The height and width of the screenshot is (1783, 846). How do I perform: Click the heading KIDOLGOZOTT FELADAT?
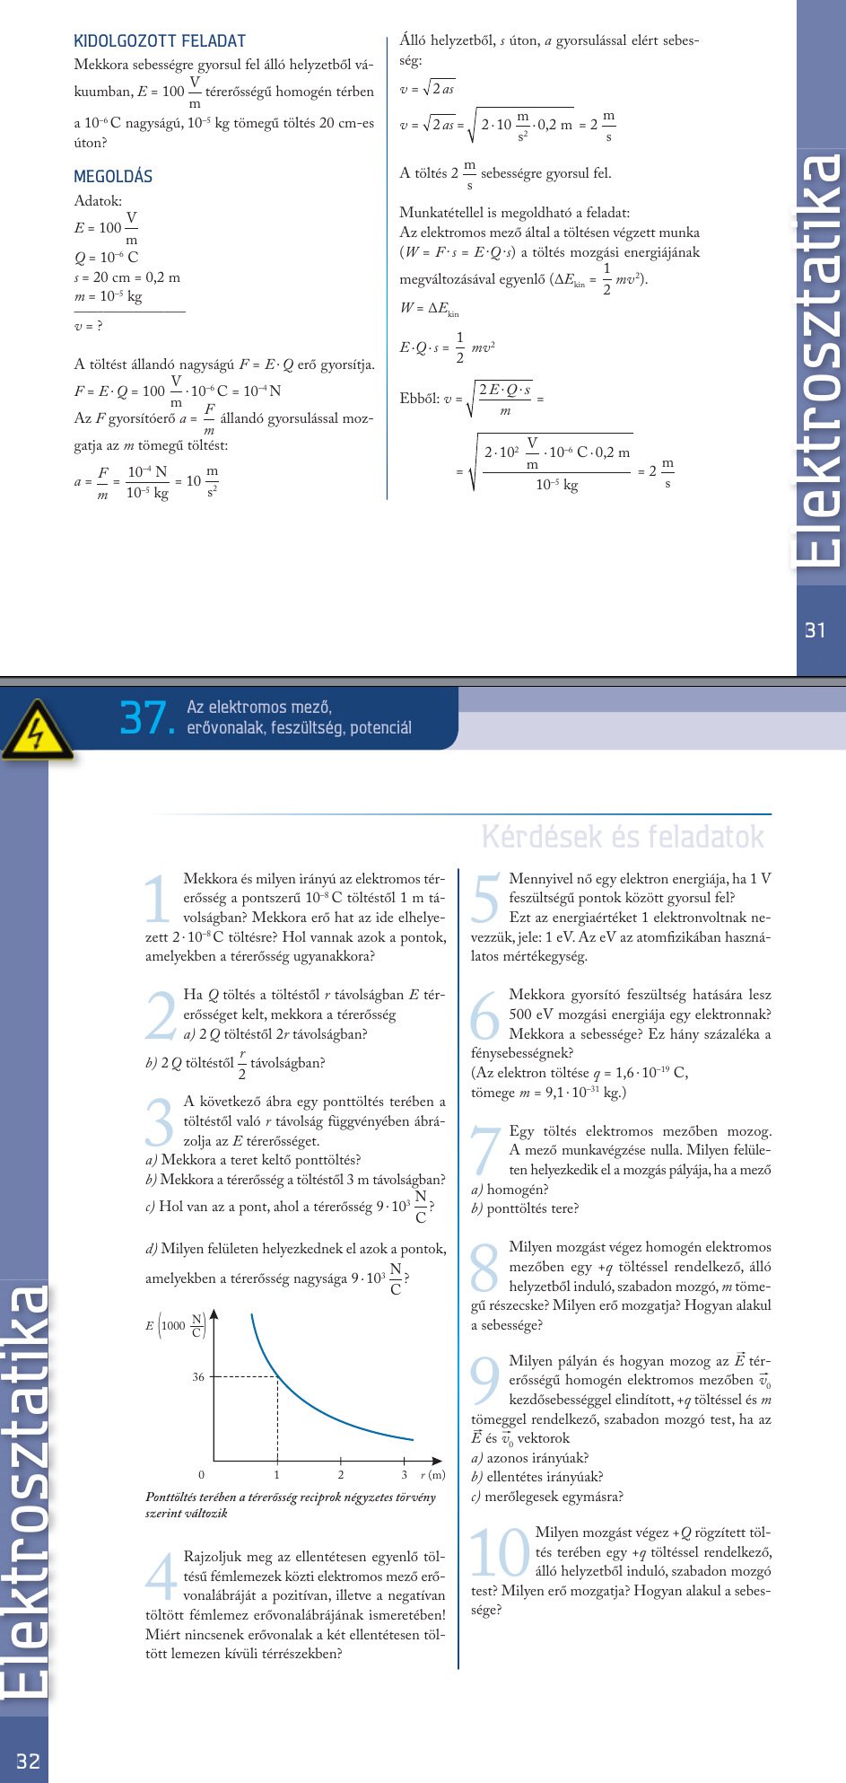click(x=159, y=41)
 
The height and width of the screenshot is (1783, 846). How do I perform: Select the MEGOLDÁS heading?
click(x=113, y=176)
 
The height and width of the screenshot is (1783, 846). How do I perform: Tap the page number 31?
click(x=815, y=630)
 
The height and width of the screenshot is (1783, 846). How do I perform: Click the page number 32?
click(x=28, y=1761)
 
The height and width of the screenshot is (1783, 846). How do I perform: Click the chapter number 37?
click(x=146, y=717)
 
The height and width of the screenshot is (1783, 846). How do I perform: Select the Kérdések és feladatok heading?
click(x=623, y=837)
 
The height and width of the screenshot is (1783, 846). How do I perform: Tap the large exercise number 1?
click(x=158, y=899)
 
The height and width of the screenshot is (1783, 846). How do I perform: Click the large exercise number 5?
click(x=485, y=899)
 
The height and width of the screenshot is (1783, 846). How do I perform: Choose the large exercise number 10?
click(x=500, y=1553)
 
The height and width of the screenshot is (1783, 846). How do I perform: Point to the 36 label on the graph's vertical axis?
click(x=198, y=1376)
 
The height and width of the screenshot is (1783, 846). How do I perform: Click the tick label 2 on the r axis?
click(x=341, y=1474)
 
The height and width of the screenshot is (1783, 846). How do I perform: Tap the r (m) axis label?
click(x=432, y=1474)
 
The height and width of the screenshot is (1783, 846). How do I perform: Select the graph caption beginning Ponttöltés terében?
click(x=290, y=1505)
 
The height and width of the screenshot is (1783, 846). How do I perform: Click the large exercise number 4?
click(x=161, y=1577)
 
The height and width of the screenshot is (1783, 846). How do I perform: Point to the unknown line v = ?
click(x=88, y=325)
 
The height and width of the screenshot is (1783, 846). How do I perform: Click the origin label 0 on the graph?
click(x=201, y=1474)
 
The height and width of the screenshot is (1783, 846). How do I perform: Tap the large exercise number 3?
click(x=160, y=1122)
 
